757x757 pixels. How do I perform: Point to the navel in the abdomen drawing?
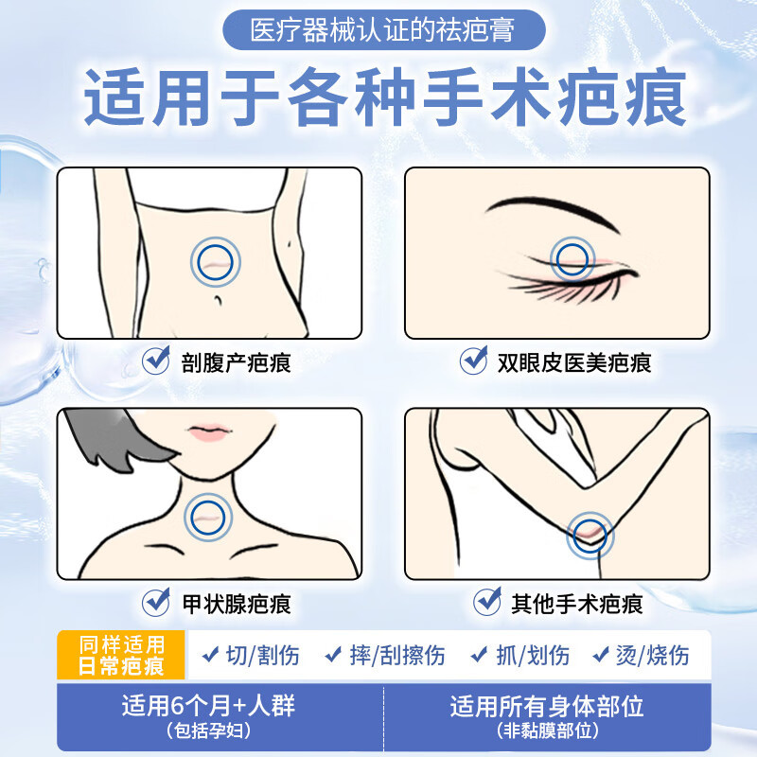219,300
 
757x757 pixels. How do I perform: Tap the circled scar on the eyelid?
571,258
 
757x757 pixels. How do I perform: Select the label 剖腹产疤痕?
235,362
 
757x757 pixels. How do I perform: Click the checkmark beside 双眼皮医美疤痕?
473,361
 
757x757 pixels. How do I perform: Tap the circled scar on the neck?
208,517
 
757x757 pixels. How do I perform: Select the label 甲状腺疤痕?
235,603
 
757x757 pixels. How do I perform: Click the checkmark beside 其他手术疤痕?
487,601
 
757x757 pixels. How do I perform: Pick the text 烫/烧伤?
652,655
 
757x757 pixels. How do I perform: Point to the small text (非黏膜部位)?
547,731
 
